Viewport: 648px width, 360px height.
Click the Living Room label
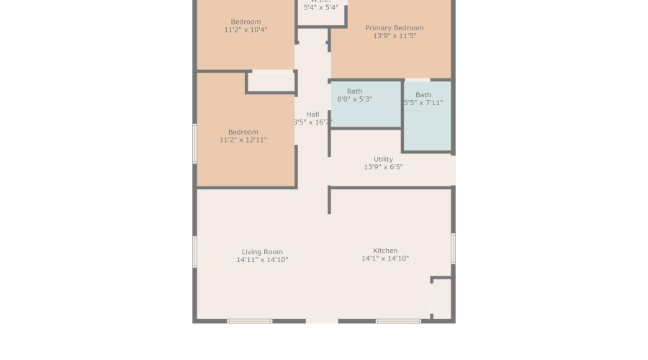[262, 252]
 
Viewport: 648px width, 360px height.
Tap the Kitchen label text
[385, 251]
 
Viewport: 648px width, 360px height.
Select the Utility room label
[383, 159]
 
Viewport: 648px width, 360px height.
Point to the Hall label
[312, 114]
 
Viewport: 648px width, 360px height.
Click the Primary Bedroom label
[394, 28]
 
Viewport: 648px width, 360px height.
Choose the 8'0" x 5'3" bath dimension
[354, 99]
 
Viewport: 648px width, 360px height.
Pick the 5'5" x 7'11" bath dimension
[423, 103]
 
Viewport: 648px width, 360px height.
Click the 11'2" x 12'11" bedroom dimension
[243, 140]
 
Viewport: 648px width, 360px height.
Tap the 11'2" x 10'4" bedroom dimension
[246, 30]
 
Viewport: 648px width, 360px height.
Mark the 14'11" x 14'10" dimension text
[262, 260]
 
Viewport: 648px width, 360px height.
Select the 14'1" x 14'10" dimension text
[385, 258]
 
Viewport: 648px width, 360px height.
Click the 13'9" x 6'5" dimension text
[383, 167]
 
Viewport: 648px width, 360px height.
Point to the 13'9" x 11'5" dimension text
[394, 36]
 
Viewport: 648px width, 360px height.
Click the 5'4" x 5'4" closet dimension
[320, 7]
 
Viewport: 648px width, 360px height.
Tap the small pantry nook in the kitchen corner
[441, 298]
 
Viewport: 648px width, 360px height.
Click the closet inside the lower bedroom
[271, 81]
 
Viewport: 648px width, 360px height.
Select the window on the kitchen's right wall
[453, 248]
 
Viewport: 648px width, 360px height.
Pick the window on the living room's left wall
[195, 252]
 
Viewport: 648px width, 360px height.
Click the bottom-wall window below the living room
[250, 321]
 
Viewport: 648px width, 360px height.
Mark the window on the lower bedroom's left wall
[195, 143]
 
